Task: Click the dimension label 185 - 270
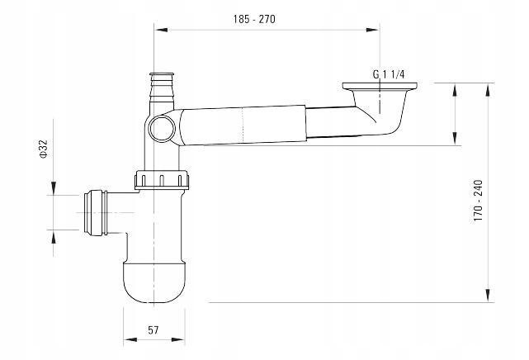254,19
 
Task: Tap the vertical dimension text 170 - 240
478,201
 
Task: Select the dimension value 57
154,330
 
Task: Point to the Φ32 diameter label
44,149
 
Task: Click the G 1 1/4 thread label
389,74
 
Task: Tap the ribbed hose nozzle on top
162,88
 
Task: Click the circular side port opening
163,128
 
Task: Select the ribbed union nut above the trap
162,180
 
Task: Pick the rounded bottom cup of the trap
154,281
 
